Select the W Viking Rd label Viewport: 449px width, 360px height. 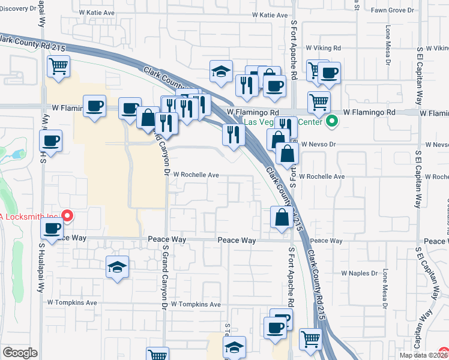pyautogui.click(x=323, y=47)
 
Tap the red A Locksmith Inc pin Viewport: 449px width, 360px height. pyautogui.click(x=68, y=216)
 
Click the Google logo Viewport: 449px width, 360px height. pyautogui.click(x=20, y=353)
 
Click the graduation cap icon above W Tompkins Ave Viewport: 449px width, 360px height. pyautogui.click(x=118, y=267)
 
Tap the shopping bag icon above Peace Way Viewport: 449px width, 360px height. pyautogui.click(x=282, y=218)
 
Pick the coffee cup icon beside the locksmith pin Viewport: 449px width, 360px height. pyautogui.click(x=52, y=228)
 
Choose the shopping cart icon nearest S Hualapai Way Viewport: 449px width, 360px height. pyautogui.click(x=59, y=67)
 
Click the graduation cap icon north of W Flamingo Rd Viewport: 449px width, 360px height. pyautogui.click(x=221, y=71)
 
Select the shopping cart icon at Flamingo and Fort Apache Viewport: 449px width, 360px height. pyautogui.click(x=319, y=101)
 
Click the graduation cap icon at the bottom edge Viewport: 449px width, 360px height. pyautogui.click(x=235, y=347)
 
